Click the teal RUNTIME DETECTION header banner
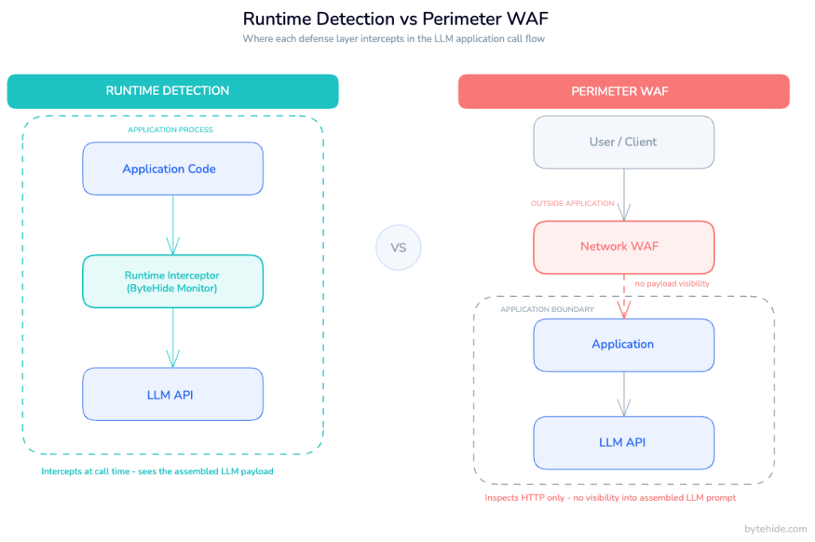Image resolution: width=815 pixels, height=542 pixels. coord(173,91)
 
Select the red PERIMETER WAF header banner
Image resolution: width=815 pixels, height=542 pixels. coord(623,92)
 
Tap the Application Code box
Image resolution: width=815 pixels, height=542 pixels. coord(172,169)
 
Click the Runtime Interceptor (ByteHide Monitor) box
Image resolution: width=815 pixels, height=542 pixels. coord(172,282)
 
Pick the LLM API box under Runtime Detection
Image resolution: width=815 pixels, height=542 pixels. coord(172,394)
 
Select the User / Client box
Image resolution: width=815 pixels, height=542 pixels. coord(623,142)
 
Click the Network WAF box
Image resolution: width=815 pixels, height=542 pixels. coord(623,246)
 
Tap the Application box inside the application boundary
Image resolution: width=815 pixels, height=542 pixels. coord(623,345)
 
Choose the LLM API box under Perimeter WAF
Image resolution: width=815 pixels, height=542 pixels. coord(623,443)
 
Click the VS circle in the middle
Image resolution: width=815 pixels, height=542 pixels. coord(398,248)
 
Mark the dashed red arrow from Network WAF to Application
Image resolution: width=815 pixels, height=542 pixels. coord(623,295)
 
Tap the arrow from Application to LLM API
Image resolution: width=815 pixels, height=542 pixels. coord(623,393)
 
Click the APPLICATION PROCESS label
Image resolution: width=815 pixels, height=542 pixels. coord(170,130)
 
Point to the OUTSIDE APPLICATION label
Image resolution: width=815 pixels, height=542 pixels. coord(571,204)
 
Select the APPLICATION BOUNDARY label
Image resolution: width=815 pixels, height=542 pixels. coord(547,310)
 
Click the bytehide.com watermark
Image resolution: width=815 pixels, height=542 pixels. coord(775,529)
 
